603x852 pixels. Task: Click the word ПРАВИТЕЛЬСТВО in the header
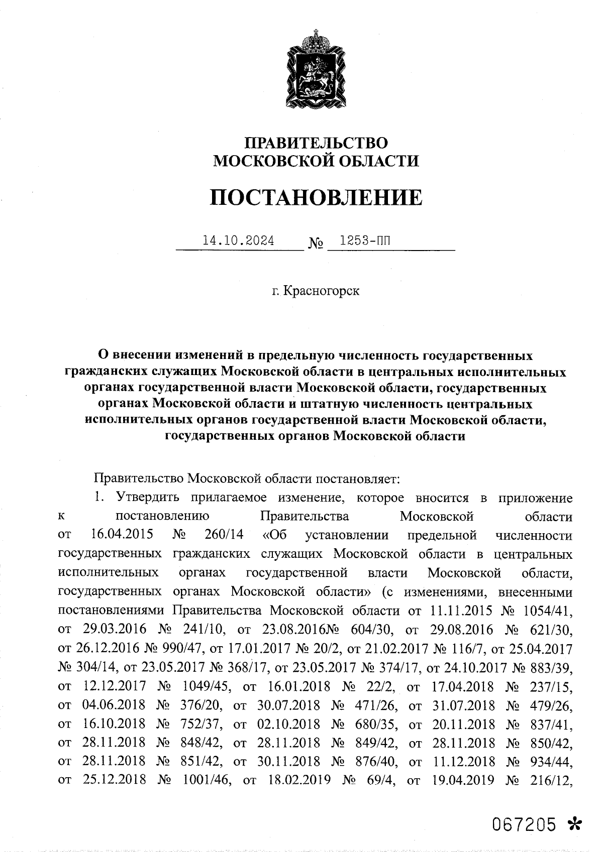point(316,143)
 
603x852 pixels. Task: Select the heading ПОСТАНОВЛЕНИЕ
point(316,198)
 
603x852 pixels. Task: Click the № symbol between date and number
point(316,245)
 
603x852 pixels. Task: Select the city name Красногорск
point(322,291)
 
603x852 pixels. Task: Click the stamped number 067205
point(524,824)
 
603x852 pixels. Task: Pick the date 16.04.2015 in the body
point(123,535)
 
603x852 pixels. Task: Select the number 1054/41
point(547,611)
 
